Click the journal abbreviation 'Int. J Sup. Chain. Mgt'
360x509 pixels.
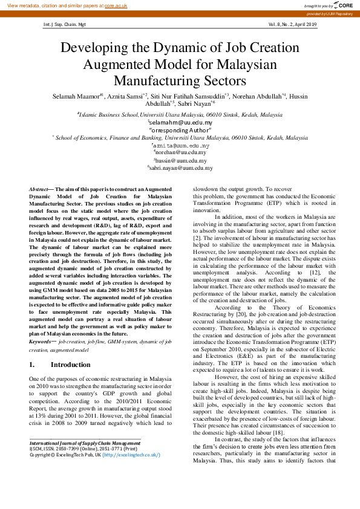click(x=65, y=25)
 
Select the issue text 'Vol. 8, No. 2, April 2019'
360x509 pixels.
click(x=292, y=25)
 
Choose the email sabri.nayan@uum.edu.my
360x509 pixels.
click(x=180, y=169)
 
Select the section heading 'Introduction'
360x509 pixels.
click(x=71, y=365)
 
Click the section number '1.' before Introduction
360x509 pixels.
click(x=33, y=365)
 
